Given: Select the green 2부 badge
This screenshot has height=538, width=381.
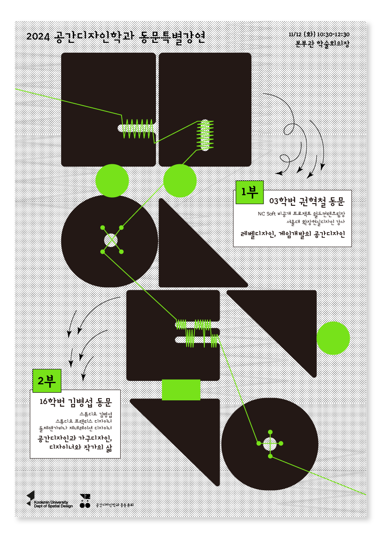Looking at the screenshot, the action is pos(47,380).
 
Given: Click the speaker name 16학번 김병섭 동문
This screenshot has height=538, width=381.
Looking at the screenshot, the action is pos(75,401).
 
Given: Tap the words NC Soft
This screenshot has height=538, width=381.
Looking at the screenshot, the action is pos(267,214).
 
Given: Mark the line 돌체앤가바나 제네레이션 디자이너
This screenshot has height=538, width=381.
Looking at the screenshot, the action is pos(75,427).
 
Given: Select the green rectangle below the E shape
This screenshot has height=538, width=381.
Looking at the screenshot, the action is pos(181,390).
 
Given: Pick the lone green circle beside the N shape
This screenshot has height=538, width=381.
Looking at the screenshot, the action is pos(333,338).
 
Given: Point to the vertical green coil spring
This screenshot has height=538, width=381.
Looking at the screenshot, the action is pos(205,134).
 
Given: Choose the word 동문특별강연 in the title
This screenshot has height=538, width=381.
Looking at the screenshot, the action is pos(172,37).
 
